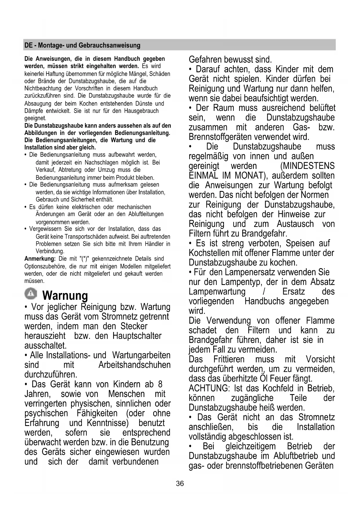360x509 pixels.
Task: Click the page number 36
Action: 180,483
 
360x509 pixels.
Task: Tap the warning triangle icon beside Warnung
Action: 31,294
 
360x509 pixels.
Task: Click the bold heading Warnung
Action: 65,296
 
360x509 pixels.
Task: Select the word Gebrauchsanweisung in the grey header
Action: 109,45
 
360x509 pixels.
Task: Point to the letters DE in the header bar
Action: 28,45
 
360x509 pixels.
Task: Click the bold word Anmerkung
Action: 40,259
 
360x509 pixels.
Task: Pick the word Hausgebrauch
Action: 141,111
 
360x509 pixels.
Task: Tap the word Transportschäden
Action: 97,237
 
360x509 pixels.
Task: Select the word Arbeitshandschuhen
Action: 134,365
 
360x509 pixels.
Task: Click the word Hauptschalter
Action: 137,336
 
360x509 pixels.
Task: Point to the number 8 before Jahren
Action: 160,384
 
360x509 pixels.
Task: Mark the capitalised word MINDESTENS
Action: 307,166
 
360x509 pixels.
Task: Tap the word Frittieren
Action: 229,359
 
